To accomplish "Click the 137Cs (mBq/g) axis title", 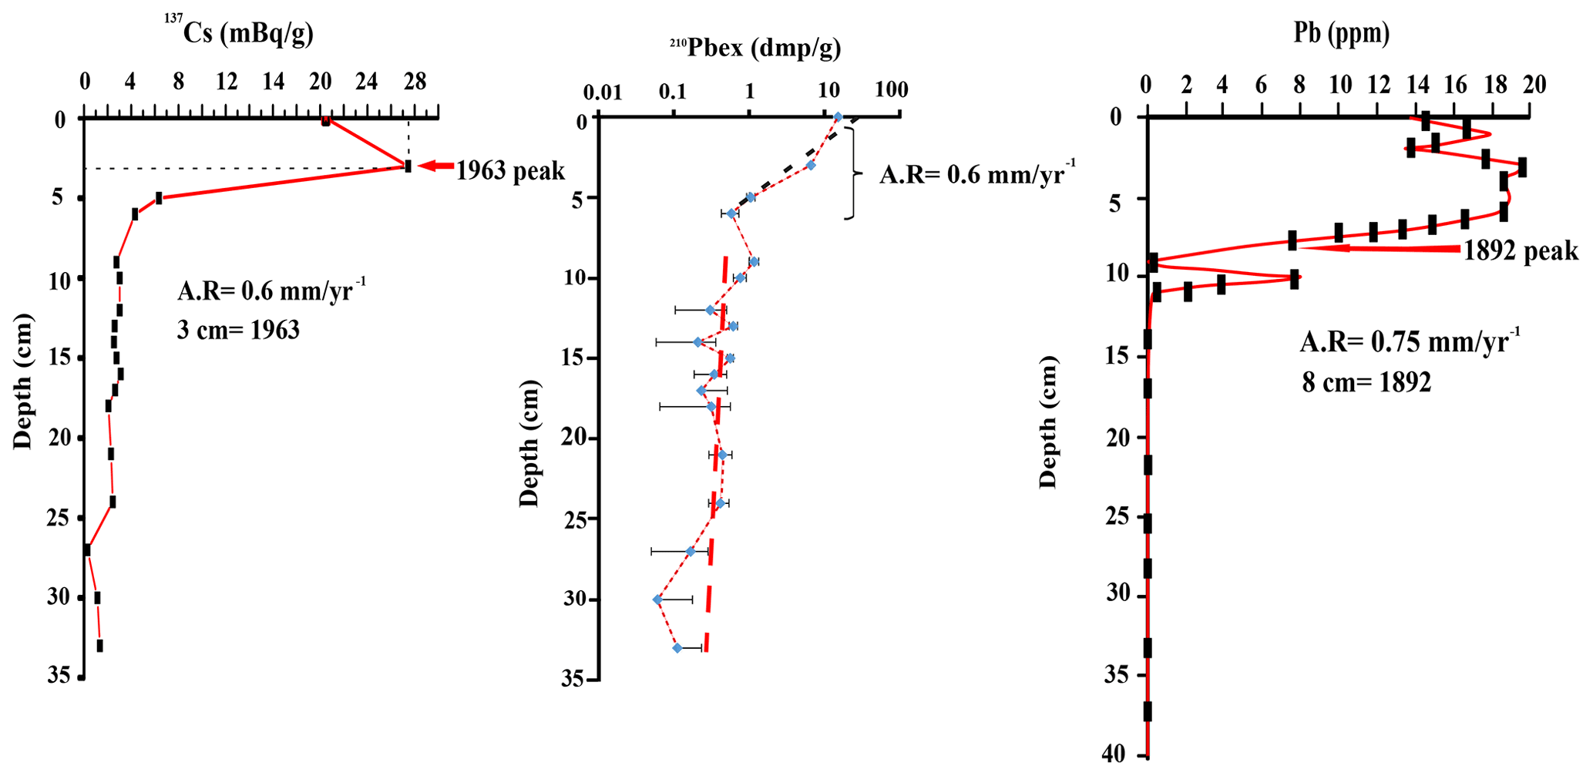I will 238,32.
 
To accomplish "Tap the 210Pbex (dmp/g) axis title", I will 755,48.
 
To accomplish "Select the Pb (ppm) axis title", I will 1341,33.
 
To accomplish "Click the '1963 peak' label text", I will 510,170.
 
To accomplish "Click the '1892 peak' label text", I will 1521,251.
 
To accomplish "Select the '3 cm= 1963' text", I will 238,331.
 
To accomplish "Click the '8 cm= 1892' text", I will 1366,382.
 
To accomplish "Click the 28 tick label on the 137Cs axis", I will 415,82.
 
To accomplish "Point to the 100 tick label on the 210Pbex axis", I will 892,90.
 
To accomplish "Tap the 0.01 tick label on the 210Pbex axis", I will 602,92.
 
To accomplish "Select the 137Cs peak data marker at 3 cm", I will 408,166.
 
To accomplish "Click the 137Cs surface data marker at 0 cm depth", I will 326,121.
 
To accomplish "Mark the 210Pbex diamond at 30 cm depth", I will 657,600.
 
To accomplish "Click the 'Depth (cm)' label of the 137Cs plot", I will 22,381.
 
